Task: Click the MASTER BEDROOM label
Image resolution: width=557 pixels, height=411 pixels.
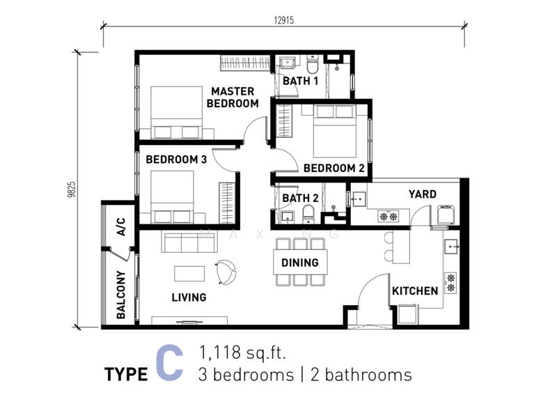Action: tap(233, 98)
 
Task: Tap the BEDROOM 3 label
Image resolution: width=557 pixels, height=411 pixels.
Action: tap(176, 160)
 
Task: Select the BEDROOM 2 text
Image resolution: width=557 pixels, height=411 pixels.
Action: tap(334, 168)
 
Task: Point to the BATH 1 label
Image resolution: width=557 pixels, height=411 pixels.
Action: tap(300, 81)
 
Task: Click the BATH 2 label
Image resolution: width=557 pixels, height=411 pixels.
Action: tap(300, 198)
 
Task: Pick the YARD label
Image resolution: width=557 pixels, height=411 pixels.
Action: tap(423, 194)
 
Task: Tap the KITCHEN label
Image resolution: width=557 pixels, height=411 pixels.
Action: tap(415, 290)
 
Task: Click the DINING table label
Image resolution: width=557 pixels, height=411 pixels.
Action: tap(300, 263)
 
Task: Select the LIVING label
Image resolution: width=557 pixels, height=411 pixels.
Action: tap(189, 297)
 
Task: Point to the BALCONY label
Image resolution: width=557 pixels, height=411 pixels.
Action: tap(120, 295)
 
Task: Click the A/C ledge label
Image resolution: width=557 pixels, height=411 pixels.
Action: tap(120, 226)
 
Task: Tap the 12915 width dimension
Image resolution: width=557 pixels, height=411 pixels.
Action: tap(284, 20)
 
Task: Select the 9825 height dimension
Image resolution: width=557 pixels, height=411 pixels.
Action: tap(72, 189)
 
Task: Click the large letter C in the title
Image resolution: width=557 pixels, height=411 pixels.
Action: tap(170, 363)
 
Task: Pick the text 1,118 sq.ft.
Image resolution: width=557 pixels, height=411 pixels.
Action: tap(242, 352)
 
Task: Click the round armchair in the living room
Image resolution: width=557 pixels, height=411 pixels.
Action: tap(226, 272)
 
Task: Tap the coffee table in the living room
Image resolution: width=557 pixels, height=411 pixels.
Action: tap(189, 273)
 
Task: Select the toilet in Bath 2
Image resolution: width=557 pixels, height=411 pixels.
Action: tap(308, 215)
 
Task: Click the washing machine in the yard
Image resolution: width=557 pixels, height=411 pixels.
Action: tap(446, 215)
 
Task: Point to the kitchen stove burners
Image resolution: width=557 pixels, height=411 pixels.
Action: tap(450, 283)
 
